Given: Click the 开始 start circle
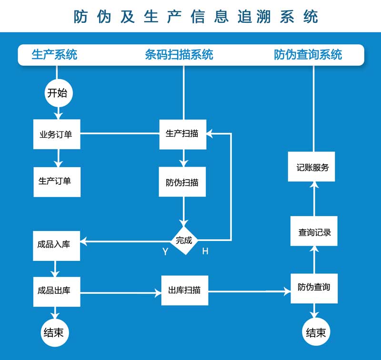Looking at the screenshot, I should click(57, 93).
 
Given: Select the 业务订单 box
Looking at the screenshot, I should click(57, 134).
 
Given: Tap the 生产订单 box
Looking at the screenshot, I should click(57, 181).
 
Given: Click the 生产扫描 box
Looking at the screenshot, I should click(182, 134).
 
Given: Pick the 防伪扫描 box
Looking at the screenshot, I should click(182, 182).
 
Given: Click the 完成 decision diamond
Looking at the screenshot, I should click(184, 240).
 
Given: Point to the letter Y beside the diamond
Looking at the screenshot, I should click(165, 252).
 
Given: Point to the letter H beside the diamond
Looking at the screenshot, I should click(205, 251).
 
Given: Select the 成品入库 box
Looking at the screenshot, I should click(57, 245).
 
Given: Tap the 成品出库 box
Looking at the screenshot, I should click(57, 290).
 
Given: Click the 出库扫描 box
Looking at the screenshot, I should click(184, 290).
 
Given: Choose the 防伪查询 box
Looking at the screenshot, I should click(314, 288).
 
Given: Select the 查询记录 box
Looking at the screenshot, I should click(314, 231).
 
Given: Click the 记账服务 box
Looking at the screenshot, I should click(312, 167).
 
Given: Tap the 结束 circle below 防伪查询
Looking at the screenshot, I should click(316, 332).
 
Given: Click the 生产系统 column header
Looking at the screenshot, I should click(54, 55).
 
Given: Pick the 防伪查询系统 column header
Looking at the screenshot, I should click(308, 55).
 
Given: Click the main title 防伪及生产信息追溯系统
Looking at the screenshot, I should click(196, 17).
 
